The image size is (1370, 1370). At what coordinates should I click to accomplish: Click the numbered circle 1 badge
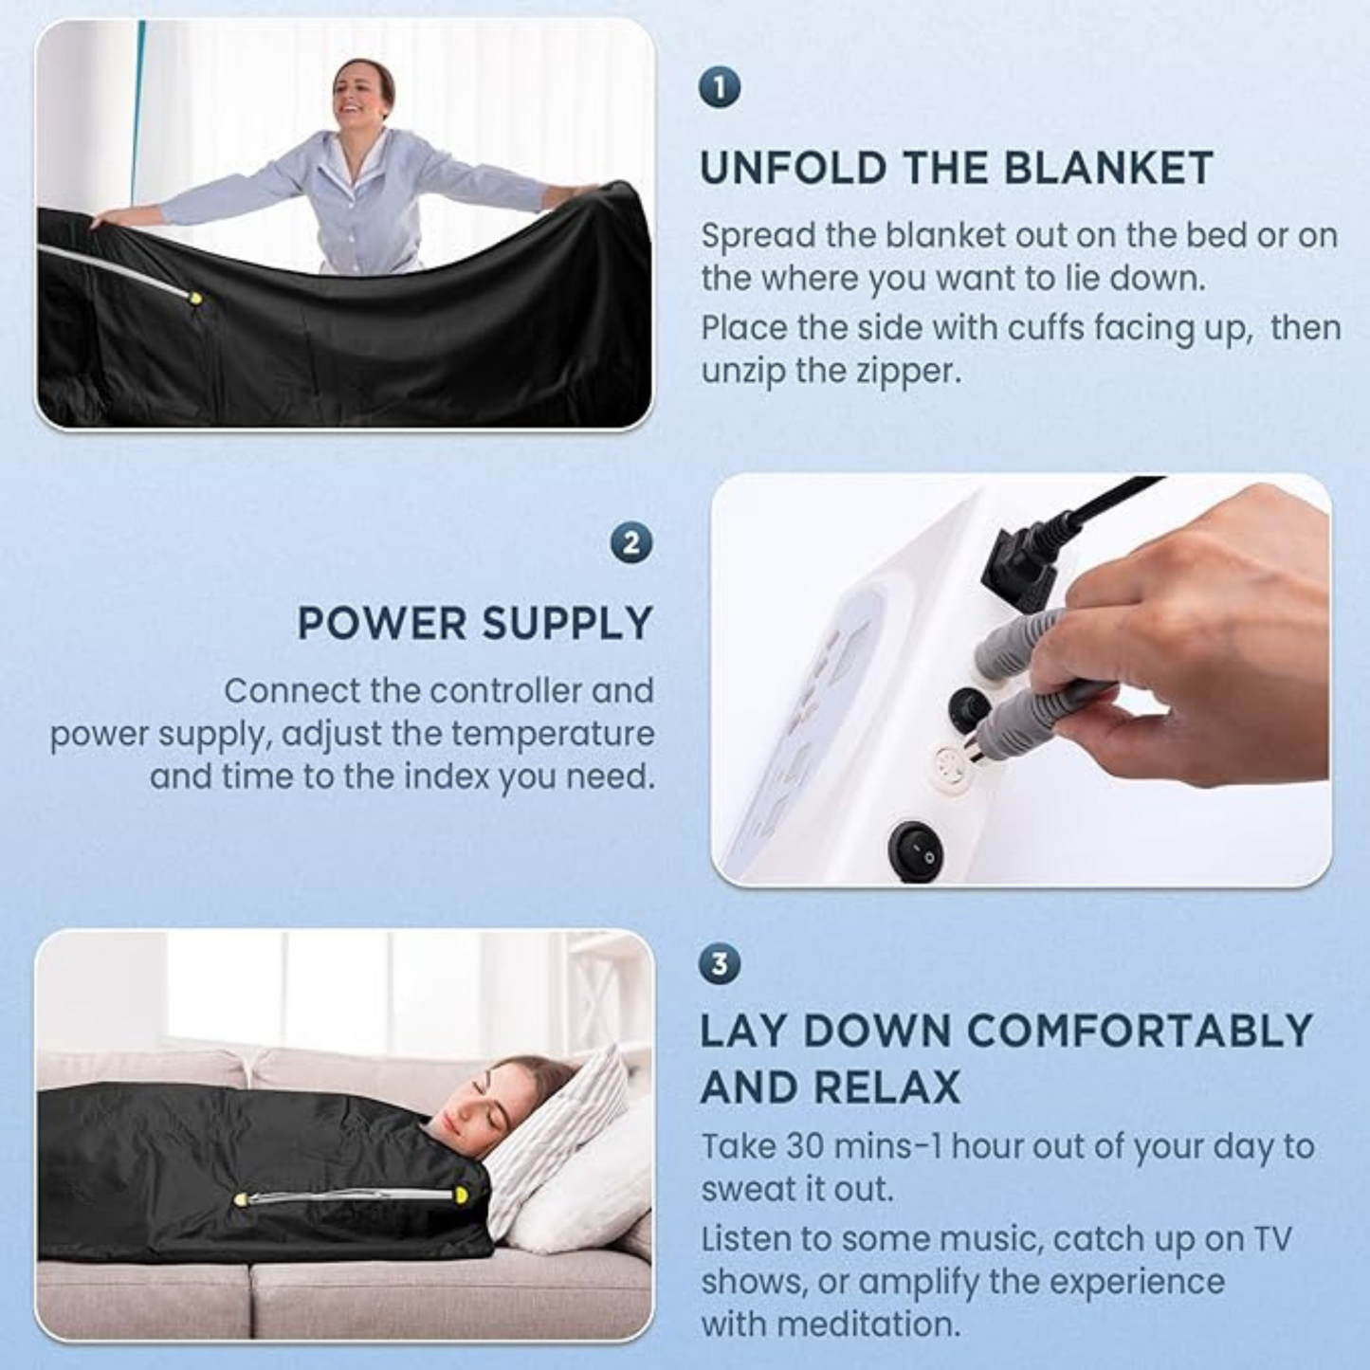721,88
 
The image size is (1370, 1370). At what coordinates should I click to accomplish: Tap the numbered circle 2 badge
631,544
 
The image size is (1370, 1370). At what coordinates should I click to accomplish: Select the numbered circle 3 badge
721,965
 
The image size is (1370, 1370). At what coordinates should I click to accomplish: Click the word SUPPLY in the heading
567,624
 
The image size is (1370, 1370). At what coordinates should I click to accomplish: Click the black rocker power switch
916,850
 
